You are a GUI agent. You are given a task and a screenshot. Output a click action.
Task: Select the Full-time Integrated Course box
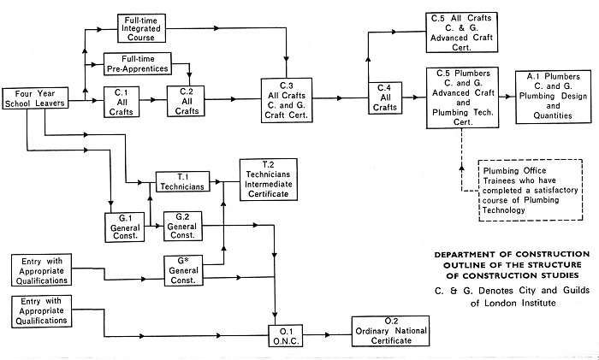pos(143,29)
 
